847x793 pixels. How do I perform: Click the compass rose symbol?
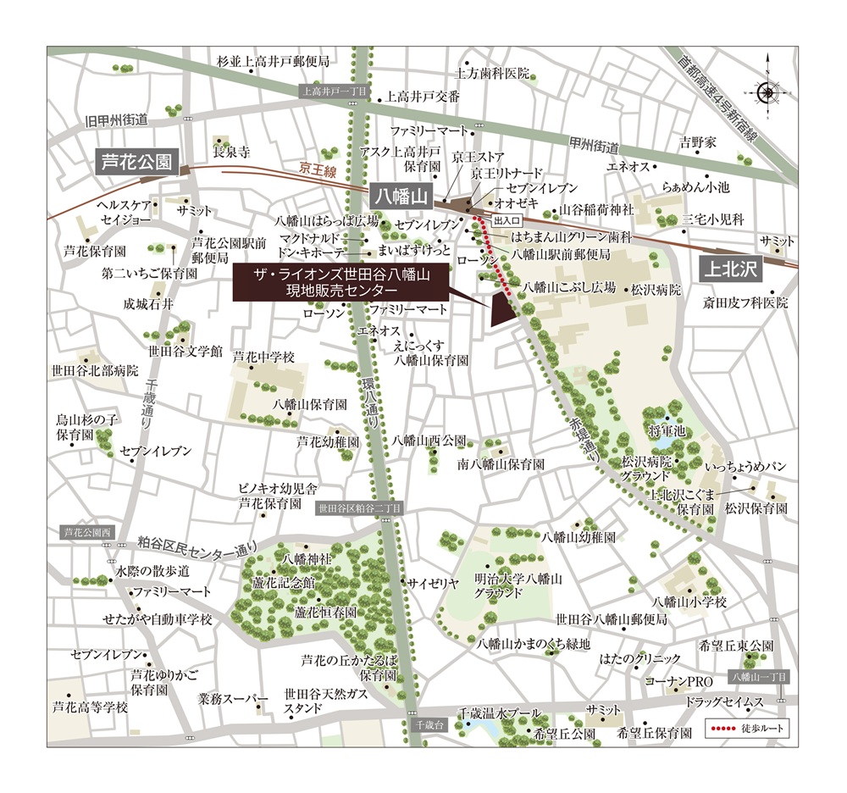(768, 92)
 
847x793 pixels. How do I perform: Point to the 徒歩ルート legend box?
(746, 729)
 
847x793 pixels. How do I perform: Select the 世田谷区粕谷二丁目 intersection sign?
(359, 508)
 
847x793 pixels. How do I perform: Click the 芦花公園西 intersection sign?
(88, 533)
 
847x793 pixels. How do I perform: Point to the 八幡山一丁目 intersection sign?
(758, 677)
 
